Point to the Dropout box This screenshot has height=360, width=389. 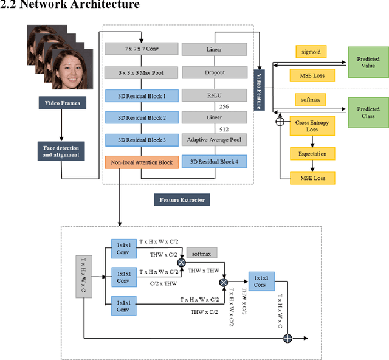(215, 72)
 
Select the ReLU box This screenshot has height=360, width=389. (215, 95)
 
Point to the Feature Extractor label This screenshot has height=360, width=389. (180, 200)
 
